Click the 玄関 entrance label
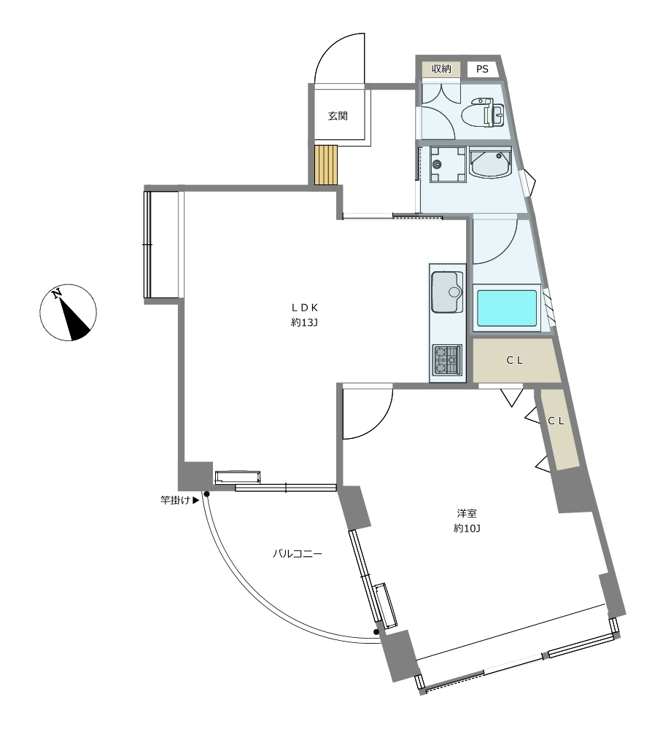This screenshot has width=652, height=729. (x=338, y=116)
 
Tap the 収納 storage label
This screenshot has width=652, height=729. (x=441, y=69)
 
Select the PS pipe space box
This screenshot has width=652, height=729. (x=482, y=69)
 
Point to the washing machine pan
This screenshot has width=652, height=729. (x=448, y=164)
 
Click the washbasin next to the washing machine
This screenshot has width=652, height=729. (x=490, y=163)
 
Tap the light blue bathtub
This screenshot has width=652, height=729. (x=507, y=308)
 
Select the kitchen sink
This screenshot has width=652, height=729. (x=447, y=292)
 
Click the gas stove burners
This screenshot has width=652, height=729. (x=447, y=359)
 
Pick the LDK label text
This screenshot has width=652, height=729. (x=304, y=308)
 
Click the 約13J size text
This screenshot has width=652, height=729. (x=304, y=322)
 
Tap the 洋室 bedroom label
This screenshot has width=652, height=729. (x=467, y=514)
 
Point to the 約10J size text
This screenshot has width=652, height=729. (x=467, y=529)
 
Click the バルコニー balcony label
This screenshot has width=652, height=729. (x=297, y=554)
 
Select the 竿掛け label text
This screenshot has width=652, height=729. (x=175, y=500)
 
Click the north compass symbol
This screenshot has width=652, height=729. (x=68, y=313)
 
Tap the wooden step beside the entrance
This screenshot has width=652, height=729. (x=325, y=165)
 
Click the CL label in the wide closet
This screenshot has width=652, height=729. (x=514, y=360)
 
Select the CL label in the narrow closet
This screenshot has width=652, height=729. (x=556, y=421)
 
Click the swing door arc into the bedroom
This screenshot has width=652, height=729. (x=380, y=424)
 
